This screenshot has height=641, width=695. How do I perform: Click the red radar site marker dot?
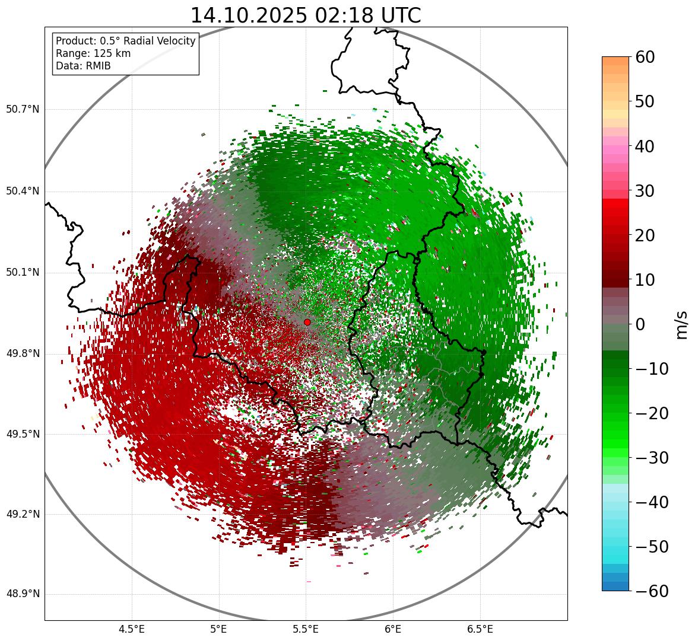point(307,322)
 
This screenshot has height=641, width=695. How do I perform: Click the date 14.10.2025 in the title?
point(248,15)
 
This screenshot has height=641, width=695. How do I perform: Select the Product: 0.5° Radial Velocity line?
point(125,41)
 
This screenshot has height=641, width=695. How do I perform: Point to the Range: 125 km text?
point(93,53)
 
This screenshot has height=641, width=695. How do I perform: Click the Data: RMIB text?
point(83,66)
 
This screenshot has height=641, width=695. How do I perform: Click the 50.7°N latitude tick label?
point(23,110)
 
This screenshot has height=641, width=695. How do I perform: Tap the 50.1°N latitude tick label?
point(23,273)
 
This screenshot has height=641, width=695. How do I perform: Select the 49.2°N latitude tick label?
point(23,514)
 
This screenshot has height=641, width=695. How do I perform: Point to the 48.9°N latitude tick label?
point(23,594)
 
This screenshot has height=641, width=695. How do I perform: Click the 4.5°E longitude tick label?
point(132,629)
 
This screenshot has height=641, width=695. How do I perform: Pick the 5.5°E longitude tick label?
point(306,629)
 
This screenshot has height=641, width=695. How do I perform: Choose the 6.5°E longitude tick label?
point(480,629)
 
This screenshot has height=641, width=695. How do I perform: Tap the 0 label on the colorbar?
point(640,324)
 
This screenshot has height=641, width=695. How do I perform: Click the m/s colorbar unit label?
point(683,324)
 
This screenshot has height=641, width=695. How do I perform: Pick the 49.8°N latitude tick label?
point(23,354)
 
